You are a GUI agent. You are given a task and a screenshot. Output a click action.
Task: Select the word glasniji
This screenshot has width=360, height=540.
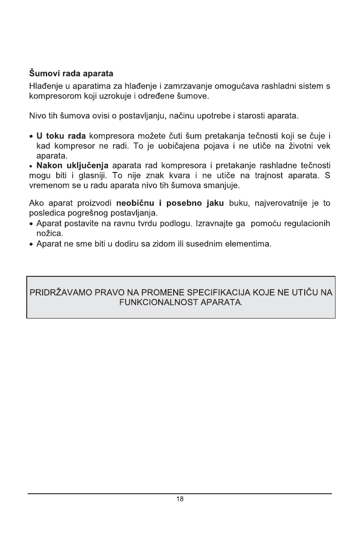coord(87,175)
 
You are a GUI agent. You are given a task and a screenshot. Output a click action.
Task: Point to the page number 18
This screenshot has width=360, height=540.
coord(180,499)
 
